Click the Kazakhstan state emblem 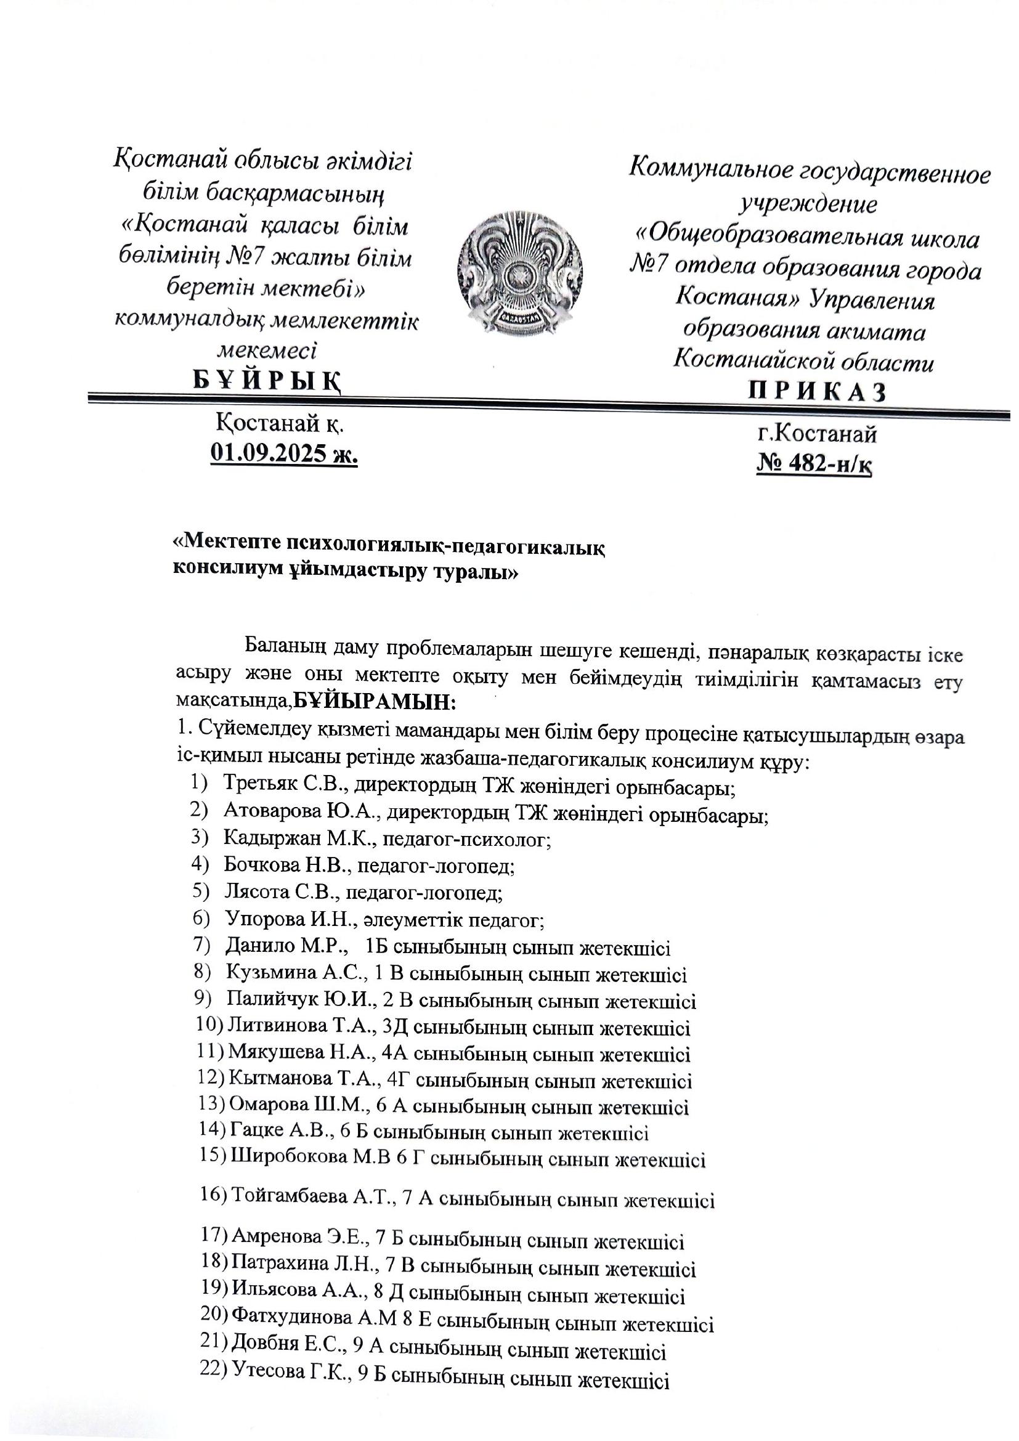point(519,274)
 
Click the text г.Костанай point(816,434)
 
